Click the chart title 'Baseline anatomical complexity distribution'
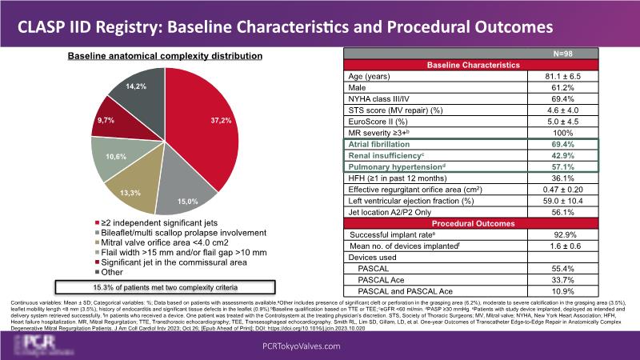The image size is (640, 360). tap(165, 56)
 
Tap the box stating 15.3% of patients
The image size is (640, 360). tap(166, 286)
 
